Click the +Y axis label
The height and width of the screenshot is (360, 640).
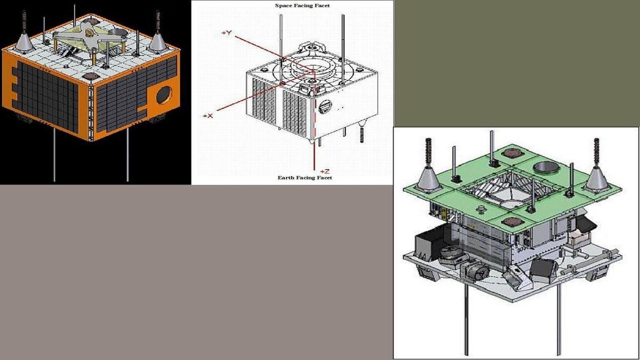(227, 33)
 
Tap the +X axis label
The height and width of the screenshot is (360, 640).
(208, 116)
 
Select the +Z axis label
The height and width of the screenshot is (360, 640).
(325, 171)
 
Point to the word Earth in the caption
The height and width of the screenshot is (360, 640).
(286, 178)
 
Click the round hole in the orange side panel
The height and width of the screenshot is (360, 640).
(164, 95)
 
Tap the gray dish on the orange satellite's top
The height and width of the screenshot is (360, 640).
(118, 33)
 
